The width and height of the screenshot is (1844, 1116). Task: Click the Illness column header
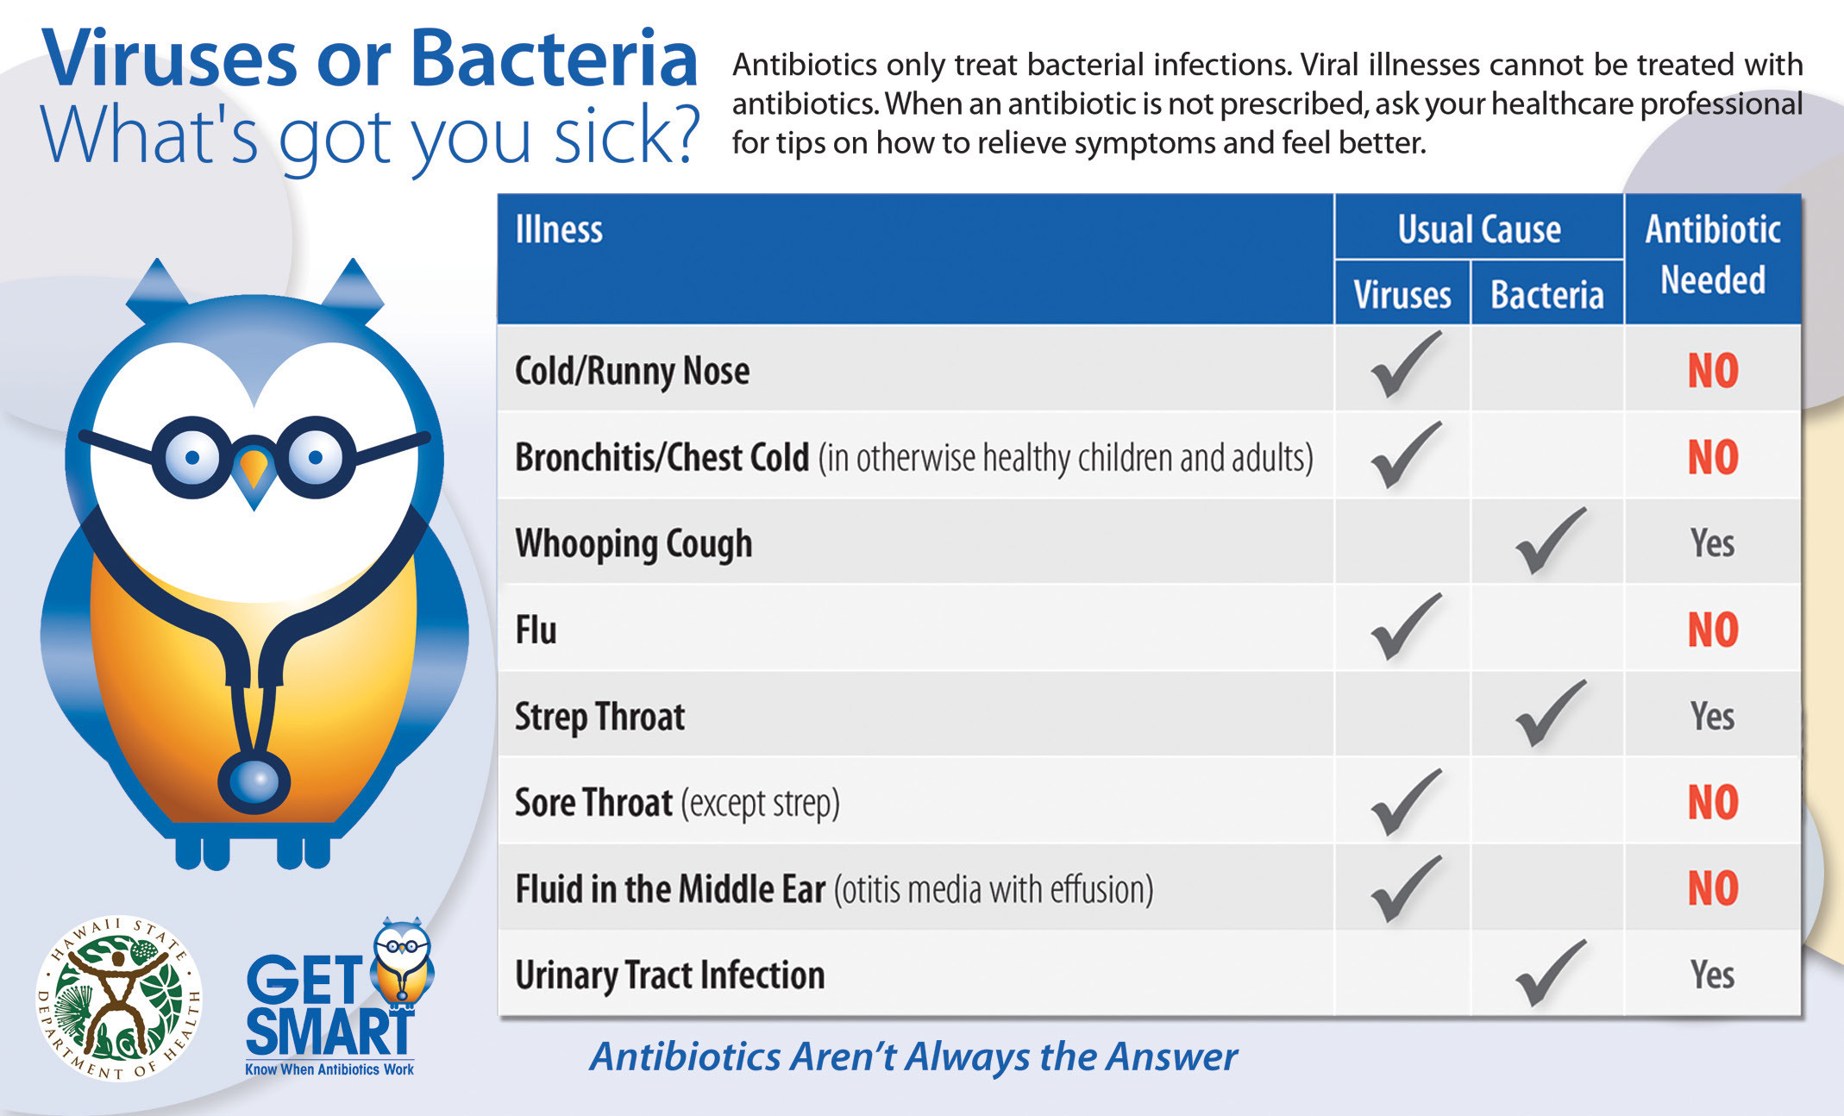pos(559,229)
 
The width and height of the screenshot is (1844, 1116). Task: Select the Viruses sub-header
pos(1402,295)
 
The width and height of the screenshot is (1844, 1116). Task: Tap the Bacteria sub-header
pos(1547,295)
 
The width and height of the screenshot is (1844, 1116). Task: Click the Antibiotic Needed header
pos(1713,254)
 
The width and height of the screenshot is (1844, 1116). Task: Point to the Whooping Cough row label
pos(634,544)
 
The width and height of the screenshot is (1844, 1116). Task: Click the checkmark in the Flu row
pos(1406,627)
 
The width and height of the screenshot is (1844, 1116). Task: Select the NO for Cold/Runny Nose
pos(1713,371)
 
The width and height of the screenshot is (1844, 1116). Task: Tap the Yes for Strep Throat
pos(1713,716)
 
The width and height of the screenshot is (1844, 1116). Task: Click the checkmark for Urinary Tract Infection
pos(1551,973)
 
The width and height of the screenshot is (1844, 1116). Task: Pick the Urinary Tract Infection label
pos(670,975)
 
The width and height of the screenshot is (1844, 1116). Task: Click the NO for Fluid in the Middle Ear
pos(1713,888)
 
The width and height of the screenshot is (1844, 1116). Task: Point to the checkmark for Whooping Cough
pos(1551,541)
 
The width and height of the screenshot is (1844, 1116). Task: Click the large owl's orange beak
pos(254,469)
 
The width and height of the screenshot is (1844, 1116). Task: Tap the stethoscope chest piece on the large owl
pos(254,781)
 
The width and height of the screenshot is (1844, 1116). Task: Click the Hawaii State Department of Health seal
pos(119,999)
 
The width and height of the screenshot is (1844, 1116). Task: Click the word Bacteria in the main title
pos(554,59)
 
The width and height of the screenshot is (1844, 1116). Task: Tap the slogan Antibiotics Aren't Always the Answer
pos(913,1057)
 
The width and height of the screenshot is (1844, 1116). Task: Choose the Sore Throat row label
pos(677,803)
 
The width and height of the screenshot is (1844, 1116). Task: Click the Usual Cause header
pos(1479,229)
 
